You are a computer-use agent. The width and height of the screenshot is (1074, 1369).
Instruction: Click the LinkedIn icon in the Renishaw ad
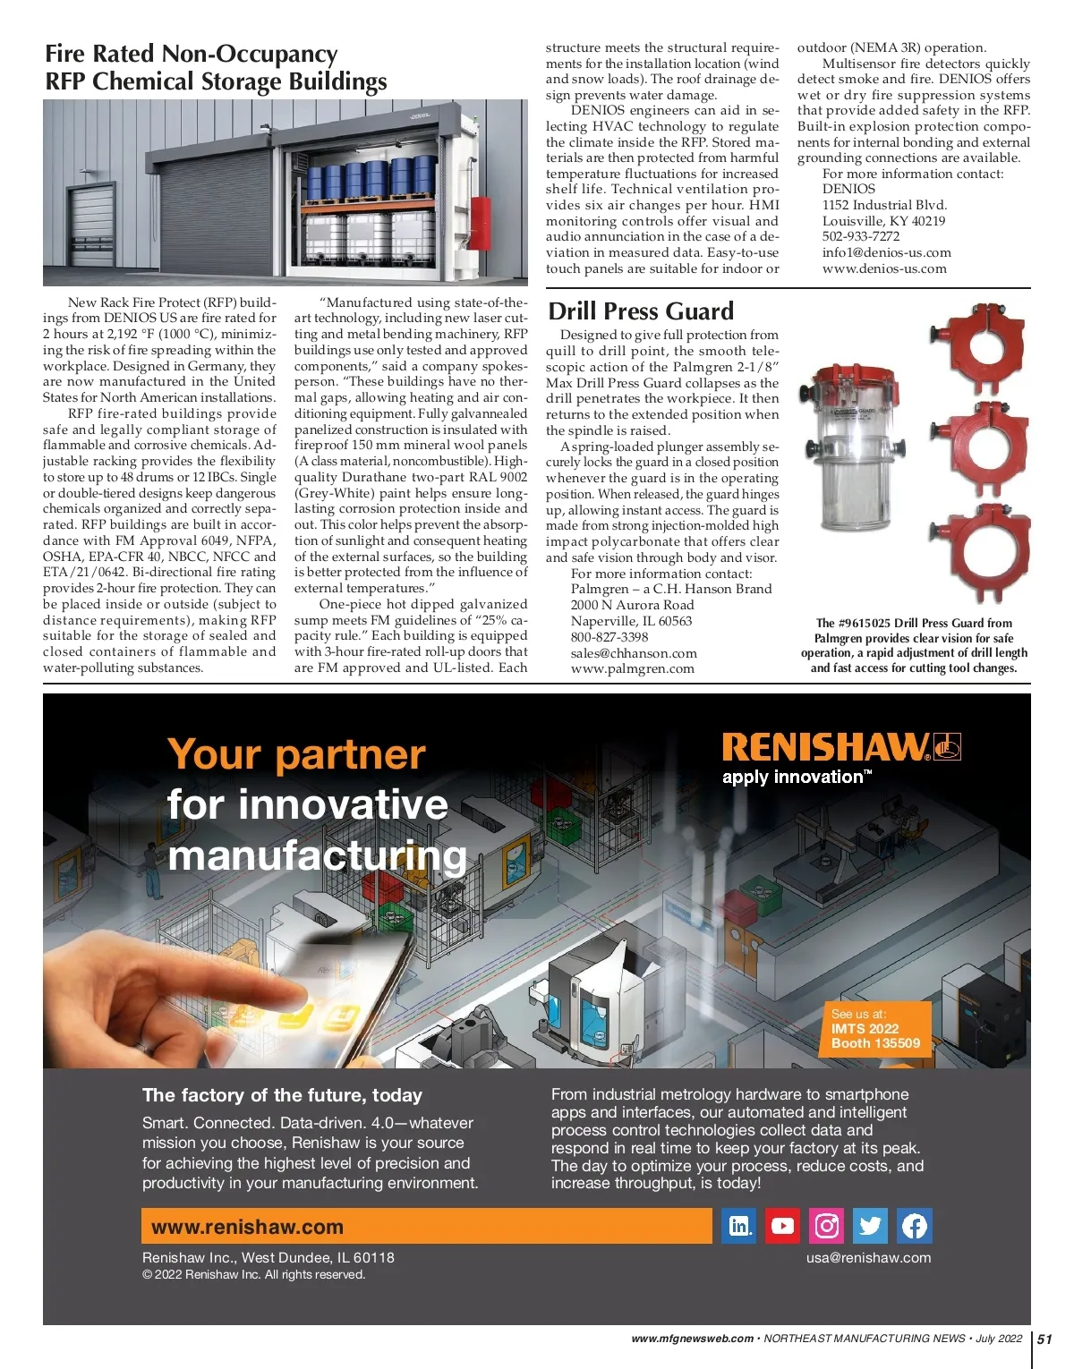point(738,1226)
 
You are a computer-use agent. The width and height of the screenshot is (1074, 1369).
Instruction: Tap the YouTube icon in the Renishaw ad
point(782,1226)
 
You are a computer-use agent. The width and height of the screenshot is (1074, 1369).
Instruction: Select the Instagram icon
point(826,1226)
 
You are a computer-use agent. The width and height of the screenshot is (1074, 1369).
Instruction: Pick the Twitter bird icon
point(870,1226)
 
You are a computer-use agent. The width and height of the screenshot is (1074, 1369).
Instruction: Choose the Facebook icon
point(914,1226)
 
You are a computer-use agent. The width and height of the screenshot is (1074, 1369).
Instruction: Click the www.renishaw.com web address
point(247,1227)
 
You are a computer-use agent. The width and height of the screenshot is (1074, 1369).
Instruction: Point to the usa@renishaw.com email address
point(868,1257)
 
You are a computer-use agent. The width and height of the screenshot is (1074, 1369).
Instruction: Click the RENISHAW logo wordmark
point(826,746)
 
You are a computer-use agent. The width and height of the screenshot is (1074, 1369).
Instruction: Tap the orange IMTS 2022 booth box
point(876,1028)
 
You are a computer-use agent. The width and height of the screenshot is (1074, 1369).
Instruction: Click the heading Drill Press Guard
point(641,310)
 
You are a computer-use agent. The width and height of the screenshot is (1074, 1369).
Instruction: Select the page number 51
point(1044,1339)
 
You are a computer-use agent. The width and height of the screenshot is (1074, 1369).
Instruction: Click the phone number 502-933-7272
point(861,236)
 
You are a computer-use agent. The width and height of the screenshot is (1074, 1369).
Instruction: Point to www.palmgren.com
point(632,668)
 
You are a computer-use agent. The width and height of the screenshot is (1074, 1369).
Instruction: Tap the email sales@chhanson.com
point(634,653)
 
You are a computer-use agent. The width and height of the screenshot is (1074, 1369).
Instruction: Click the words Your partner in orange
point(296,753)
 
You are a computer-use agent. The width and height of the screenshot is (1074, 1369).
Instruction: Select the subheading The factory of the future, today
point(282,1095)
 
